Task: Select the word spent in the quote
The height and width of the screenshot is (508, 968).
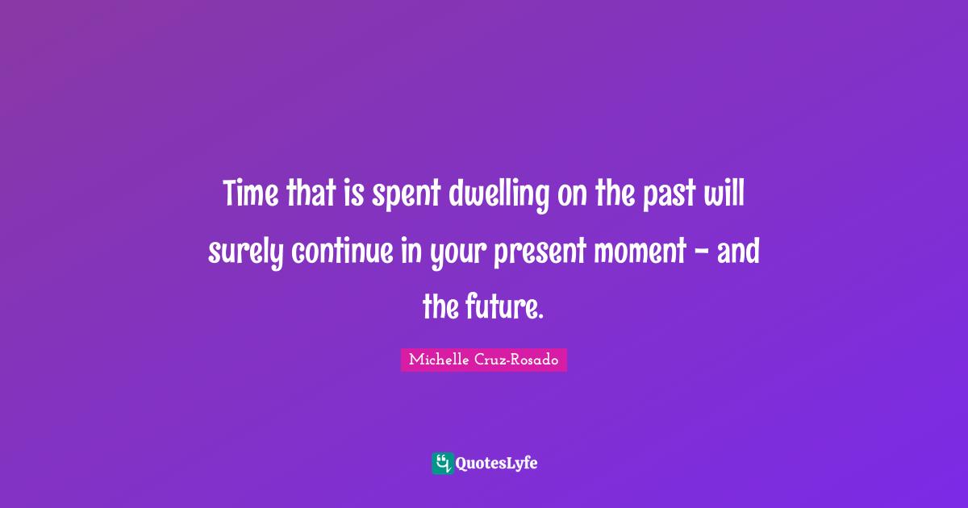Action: pos(403,196)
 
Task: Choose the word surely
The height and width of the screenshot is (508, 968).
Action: pos(245,252)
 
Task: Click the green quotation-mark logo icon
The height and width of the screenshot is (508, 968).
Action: pos(442,463)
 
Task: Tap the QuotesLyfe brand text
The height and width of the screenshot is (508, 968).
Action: pos(496,464)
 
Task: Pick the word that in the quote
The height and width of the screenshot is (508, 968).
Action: pos(305,194)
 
